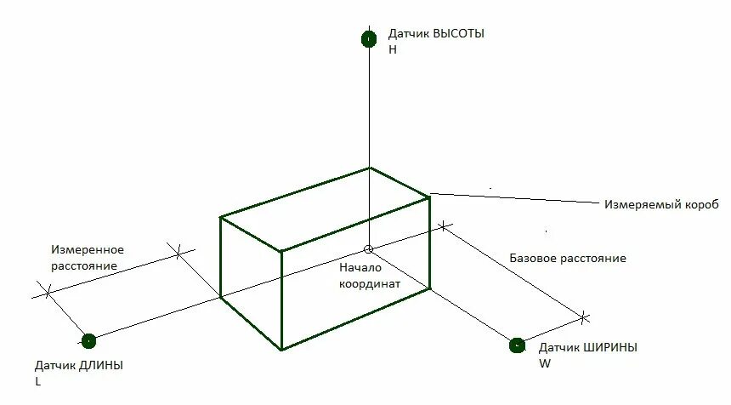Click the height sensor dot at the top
(368, 38)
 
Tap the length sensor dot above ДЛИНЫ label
(88, 341)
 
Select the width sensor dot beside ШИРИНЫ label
(517, 345)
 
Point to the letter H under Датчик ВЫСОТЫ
(393, 49)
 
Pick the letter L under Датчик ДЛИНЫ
(37, 381)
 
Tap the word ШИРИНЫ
(609, 347)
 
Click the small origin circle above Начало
(368, 249)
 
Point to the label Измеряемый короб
(661, 205)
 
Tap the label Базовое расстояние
(567, 258)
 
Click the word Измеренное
(88, 249)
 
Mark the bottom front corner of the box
(281, 349)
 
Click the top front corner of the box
(281, 251)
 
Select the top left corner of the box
(221, 218)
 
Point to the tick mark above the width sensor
(584, 317)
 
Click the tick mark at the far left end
(48, 291)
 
